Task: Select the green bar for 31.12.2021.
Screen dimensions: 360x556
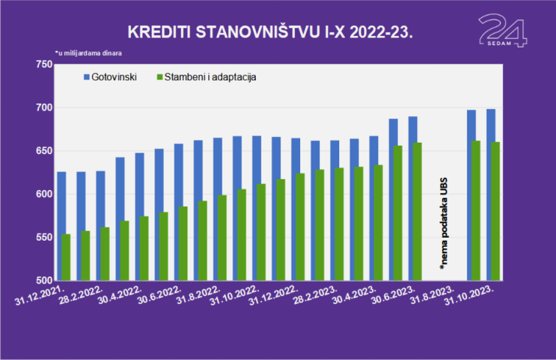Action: [66, 257]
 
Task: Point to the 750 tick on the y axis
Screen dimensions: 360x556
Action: [44, 65]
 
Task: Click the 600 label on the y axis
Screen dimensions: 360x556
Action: [44, 195]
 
